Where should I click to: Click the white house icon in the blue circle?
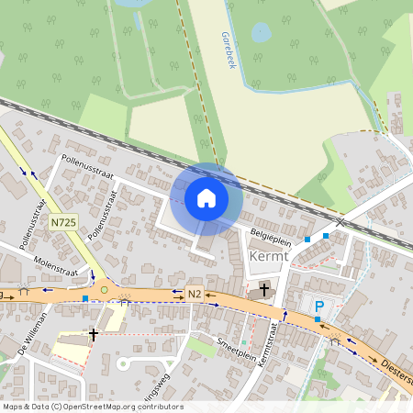coord(206,197)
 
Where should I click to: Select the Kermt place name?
coord(268,257)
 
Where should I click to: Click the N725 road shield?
coord(62,222)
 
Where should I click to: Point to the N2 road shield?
coord(193,294)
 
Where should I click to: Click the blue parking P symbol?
coord(319,307)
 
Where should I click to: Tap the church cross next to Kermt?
coord(264,290)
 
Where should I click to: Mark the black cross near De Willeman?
coord(93,335)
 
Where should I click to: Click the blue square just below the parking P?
coord(318,319)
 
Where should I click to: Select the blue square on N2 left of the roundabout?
coord(85,297)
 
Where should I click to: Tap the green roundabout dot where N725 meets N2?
coord(104,290)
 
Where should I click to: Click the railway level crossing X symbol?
coord(340,222)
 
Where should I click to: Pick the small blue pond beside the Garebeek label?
coord(261,33)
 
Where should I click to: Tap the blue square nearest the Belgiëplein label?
coord(307,240)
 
